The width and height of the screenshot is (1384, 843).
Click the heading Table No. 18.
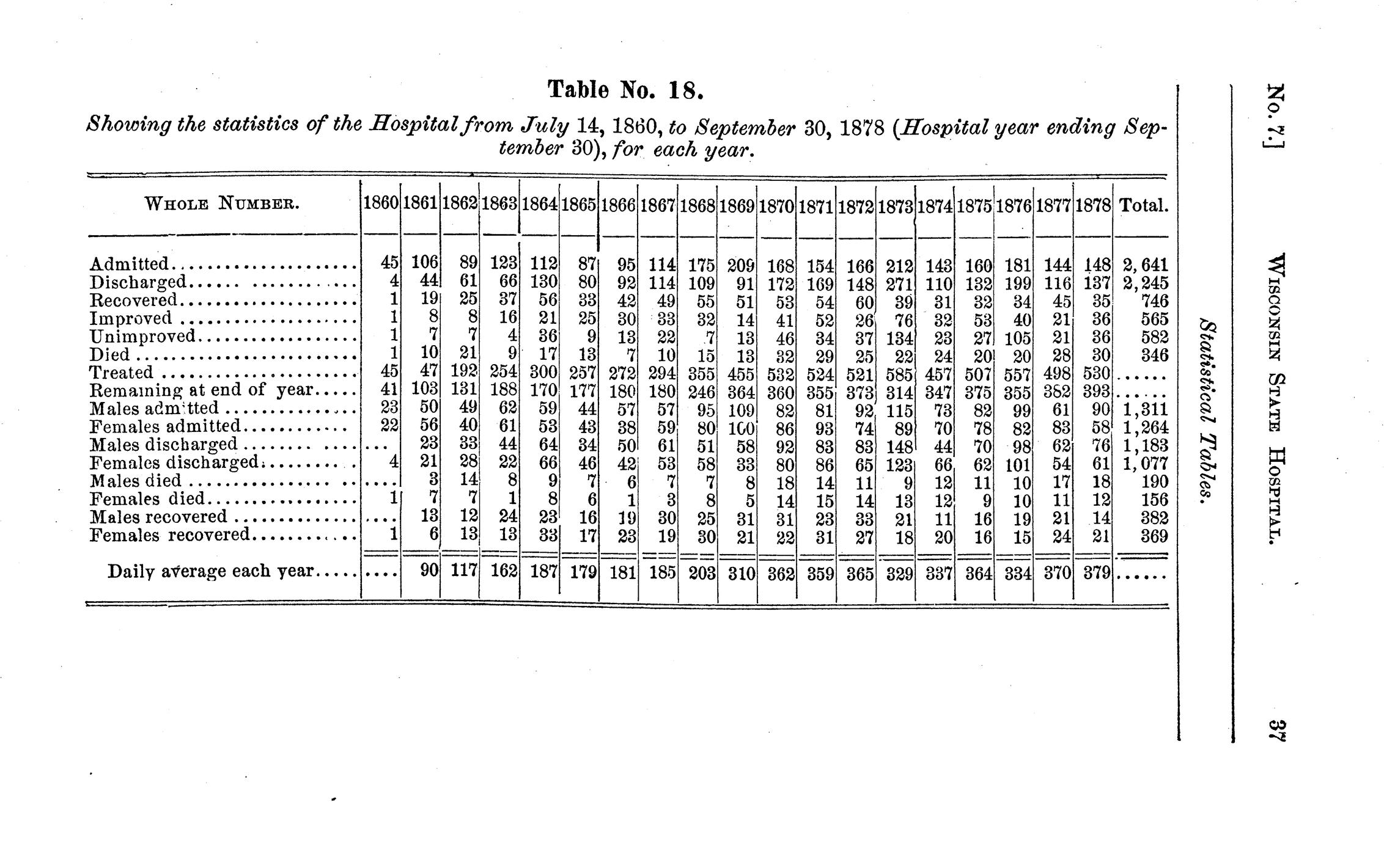626,90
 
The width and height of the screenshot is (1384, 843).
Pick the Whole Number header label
222,203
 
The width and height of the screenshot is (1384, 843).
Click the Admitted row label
129,264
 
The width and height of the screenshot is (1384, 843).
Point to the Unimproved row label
142,336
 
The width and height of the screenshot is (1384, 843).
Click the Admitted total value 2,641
1145,265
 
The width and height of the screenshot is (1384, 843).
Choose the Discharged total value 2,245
1145,282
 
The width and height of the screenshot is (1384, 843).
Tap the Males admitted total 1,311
1145,409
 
